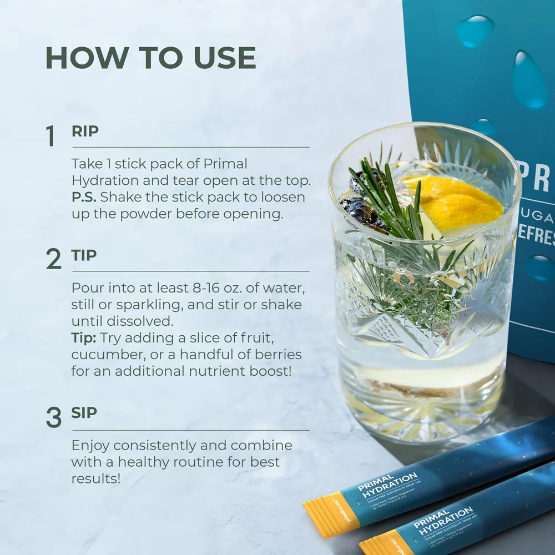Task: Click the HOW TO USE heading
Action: [x=150, y=58]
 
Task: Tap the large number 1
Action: [x=51, y=137]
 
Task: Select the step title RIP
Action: [x=85, y=132]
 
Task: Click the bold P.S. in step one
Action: [x=83, y=198]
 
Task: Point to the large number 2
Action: [x=53, y=259]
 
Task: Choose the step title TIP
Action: [x=84, y=255]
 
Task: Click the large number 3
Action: [x=53, y=418]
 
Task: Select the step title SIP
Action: [x=84, y=413]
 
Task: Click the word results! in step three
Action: [x=95, y=478]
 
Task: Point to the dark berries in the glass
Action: [x=361, y=211]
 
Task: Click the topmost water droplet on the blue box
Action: [x=475, y=31]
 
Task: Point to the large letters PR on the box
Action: [x=533, y=178]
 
